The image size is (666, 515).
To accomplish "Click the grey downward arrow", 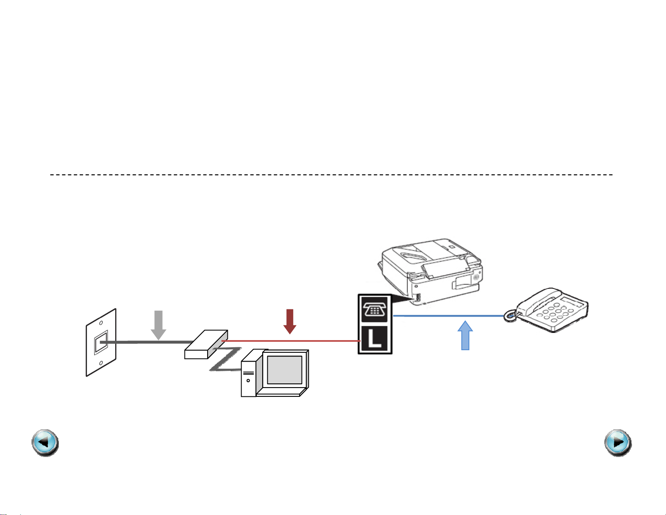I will (x=158, y=324).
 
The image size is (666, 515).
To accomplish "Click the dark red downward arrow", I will (x=290, y=321).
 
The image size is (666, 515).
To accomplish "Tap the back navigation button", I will (x=45, y=443).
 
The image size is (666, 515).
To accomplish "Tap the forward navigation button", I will (x=618, y=443).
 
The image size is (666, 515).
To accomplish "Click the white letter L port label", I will (x=374, y=339).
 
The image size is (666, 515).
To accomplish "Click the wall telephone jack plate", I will (x=101, y=343).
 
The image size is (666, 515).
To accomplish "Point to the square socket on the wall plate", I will (x=101, y=342).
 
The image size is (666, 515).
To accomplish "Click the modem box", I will (x=206, y=345).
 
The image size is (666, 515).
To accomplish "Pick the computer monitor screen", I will (x=284, y=370).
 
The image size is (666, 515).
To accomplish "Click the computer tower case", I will (x=248, y=374).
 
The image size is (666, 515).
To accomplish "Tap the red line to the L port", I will (x=294, y=341).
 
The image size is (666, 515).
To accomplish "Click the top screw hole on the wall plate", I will (x=101, y=323).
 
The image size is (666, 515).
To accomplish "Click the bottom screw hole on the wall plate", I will (x=101, y=363).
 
